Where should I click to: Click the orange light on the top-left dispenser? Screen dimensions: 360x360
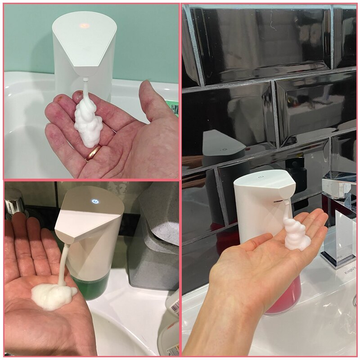coord(84,26)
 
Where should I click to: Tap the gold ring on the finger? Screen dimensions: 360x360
coord(94,153)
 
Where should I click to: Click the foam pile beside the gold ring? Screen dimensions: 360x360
coord(88,124)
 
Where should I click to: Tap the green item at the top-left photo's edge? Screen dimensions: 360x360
coord(176,108)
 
